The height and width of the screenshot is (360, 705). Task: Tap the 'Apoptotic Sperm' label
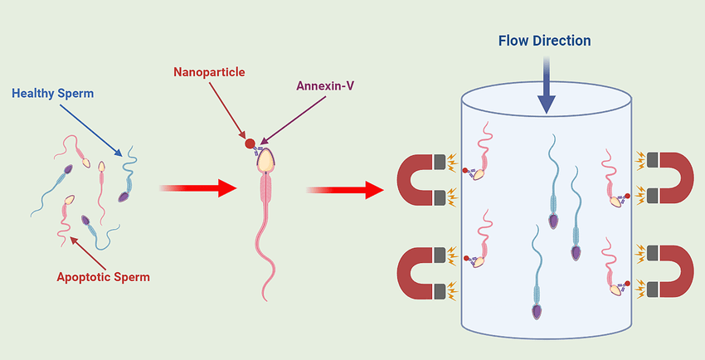[103, 277]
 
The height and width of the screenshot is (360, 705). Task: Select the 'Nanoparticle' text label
[209, 71]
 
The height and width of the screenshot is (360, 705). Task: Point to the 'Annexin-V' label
[325, 85]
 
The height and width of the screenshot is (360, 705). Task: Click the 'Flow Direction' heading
[545, 40]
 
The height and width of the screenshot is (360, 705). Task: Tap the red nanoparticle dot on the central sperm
[250, 144]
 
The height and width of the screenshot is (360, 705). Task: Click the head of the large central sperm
[265, 159]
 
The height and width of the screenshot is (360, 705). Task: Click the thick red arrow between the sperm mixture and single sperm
[197, 187]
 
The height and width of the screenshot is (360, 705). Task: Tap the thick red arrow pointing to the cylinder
[345, 190]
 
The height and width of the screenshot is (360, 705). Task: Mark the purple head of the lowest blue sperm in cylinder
[537, 311]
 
